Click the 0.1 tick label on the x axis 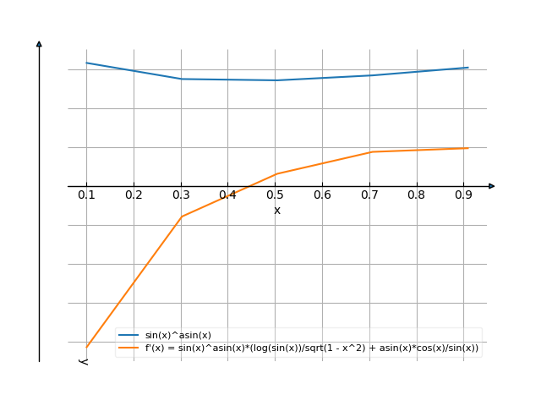(86, 195)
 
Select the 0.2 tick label (134, 195)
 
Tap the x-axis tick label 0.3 (181, 195)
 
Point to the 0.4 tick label (228, 195)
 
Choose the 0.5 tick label (276, 195)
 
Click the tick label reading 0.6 (323, 195)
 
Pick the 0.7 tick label (370, 195)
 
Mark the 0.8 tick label (418, 195)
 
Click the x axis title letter (277, 210)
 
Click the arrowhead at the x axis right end (492, 186)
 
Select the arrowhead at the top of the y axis (39, 43)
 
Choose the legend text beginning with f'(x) (312, 348)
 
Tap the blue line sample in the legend (129, 336)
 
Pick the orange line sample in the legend (129, 348)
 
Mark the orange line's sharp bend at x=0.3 (181, 217)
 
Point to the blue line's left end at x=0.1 (86, 63)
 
